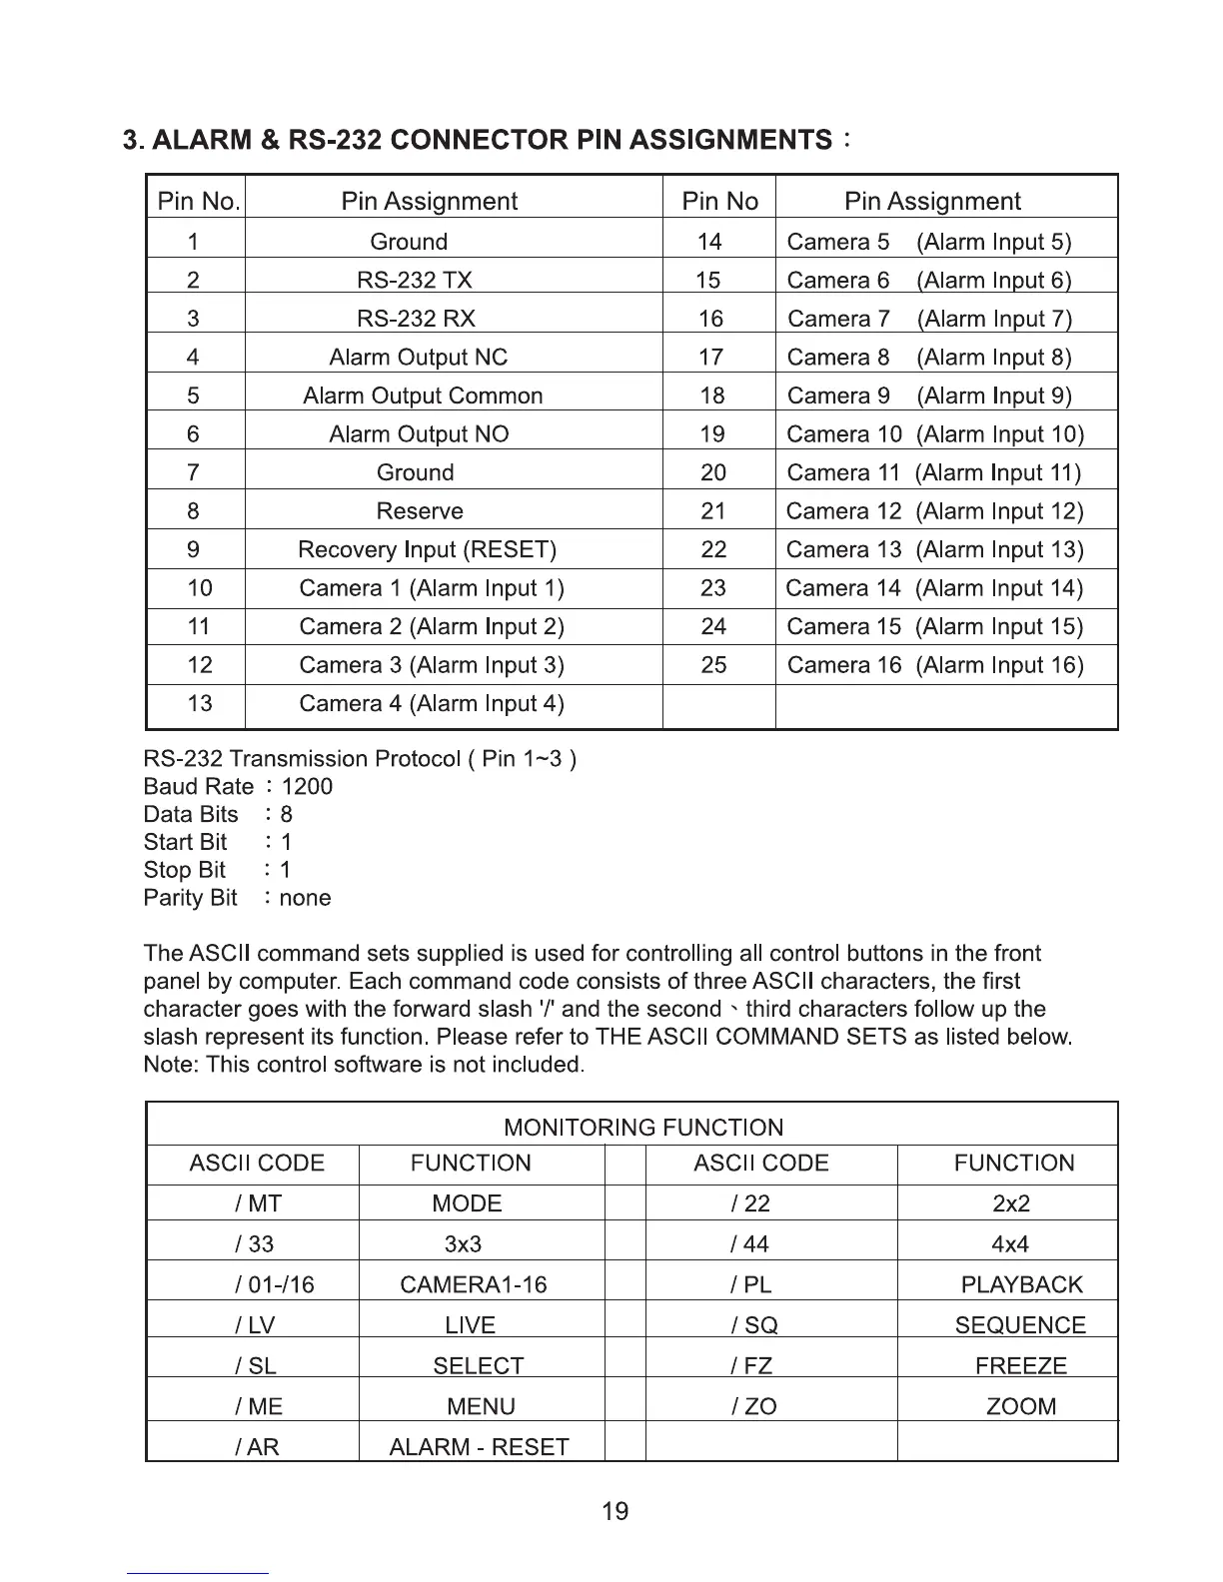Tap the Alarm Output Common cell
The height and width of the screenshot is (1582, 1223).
point(423,395)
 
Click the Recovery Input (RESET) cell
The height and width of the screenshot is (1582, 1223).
point(427,550)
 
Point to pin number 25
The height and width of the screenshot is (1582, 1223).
point(713,665)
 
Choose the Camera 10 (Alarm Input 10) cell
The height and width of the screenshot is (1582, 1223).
point(934,434)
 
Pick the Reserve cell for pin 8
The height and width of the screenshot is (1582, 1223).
point(420,511)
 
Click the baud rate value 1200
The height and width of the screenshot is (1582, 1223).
point(307,787)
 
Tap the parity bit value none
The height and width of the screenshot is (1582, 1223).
point(305,898)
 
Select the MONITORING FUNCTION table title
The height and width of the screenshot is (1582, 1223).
point(643,1128)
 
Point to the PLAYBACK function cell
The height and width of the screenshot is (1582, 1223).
point(1021,1284)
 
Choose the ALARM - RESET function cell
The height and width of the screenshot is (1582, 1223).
point(479,1447)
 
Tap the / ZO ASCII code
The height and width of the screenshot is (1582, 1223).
point(753,1406)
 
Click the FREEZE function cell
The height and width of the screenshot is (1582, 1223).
point(1020,1365)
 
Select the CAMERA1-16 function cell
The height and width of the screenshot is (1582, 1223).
point(473,1284)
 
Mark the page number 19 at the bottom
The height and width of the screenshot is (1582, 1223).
point(615,1511)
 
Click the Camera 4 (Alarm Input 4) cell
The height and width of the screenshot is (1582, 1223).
point(432,704)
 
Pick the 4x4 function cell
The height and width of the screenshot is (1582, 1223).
point(1010,1244)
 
